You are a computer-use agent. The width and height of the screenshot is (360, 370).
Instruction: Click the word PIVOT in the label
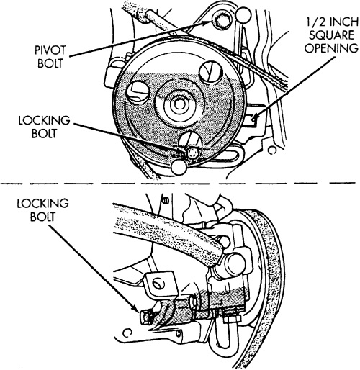point(50,50)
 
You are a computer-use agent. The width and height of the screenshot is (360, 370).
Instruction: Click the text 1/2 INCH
point(332,22)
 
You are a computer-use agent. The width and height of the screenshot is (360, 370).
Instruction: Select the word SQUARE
point(331,35)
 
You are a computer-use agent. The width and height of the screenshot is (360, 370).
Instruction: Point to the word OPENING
point(331,48)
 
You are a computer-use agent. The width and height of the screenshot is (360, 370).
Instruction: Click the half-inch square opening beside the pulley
point(251,119)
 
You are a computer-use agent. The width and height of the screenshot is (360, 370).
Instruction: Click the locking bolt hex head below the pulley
point(192,153)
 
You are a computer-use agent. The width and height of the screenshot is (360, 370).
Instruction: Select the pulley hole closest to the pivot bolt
point(210,71)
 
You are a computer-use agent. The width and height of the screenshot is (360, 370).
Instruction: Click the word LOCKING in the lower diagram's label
point(42,204)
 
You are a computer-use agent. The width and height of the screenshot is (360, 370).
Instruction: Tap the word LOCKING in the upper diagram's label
point(44,120)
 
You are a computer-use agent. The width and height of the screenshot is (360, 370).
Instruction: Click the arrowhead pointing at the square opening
point(254,117)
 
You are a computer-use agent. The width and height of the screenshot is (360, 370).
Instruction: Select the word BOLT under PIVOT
point(50,63)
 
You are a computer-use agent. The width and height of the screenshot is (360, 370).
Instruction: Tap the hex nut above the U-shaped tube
point(232,318)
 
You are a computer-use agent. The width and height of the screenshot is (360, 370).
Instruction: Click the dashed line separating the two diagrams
point(178,184)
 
